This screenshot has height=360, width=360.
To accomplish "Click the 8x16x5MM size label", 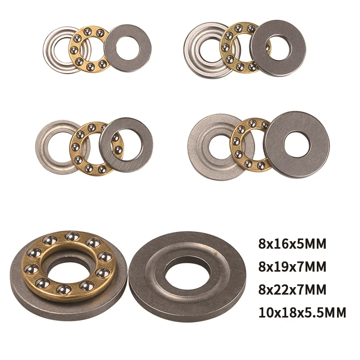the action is [x=292, y=244].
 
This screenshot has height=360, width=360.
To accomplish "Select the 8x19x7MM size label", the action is [x=292, y=267].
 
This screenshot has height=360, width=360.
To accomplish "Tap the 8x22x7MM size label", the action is [x=292, y=289].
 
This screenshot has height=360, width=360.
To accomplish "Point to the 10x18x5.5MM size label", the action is [x=302, y=312].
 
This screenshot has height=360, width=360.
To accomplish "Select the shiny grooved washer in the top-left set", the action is [x=49, y=49].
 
